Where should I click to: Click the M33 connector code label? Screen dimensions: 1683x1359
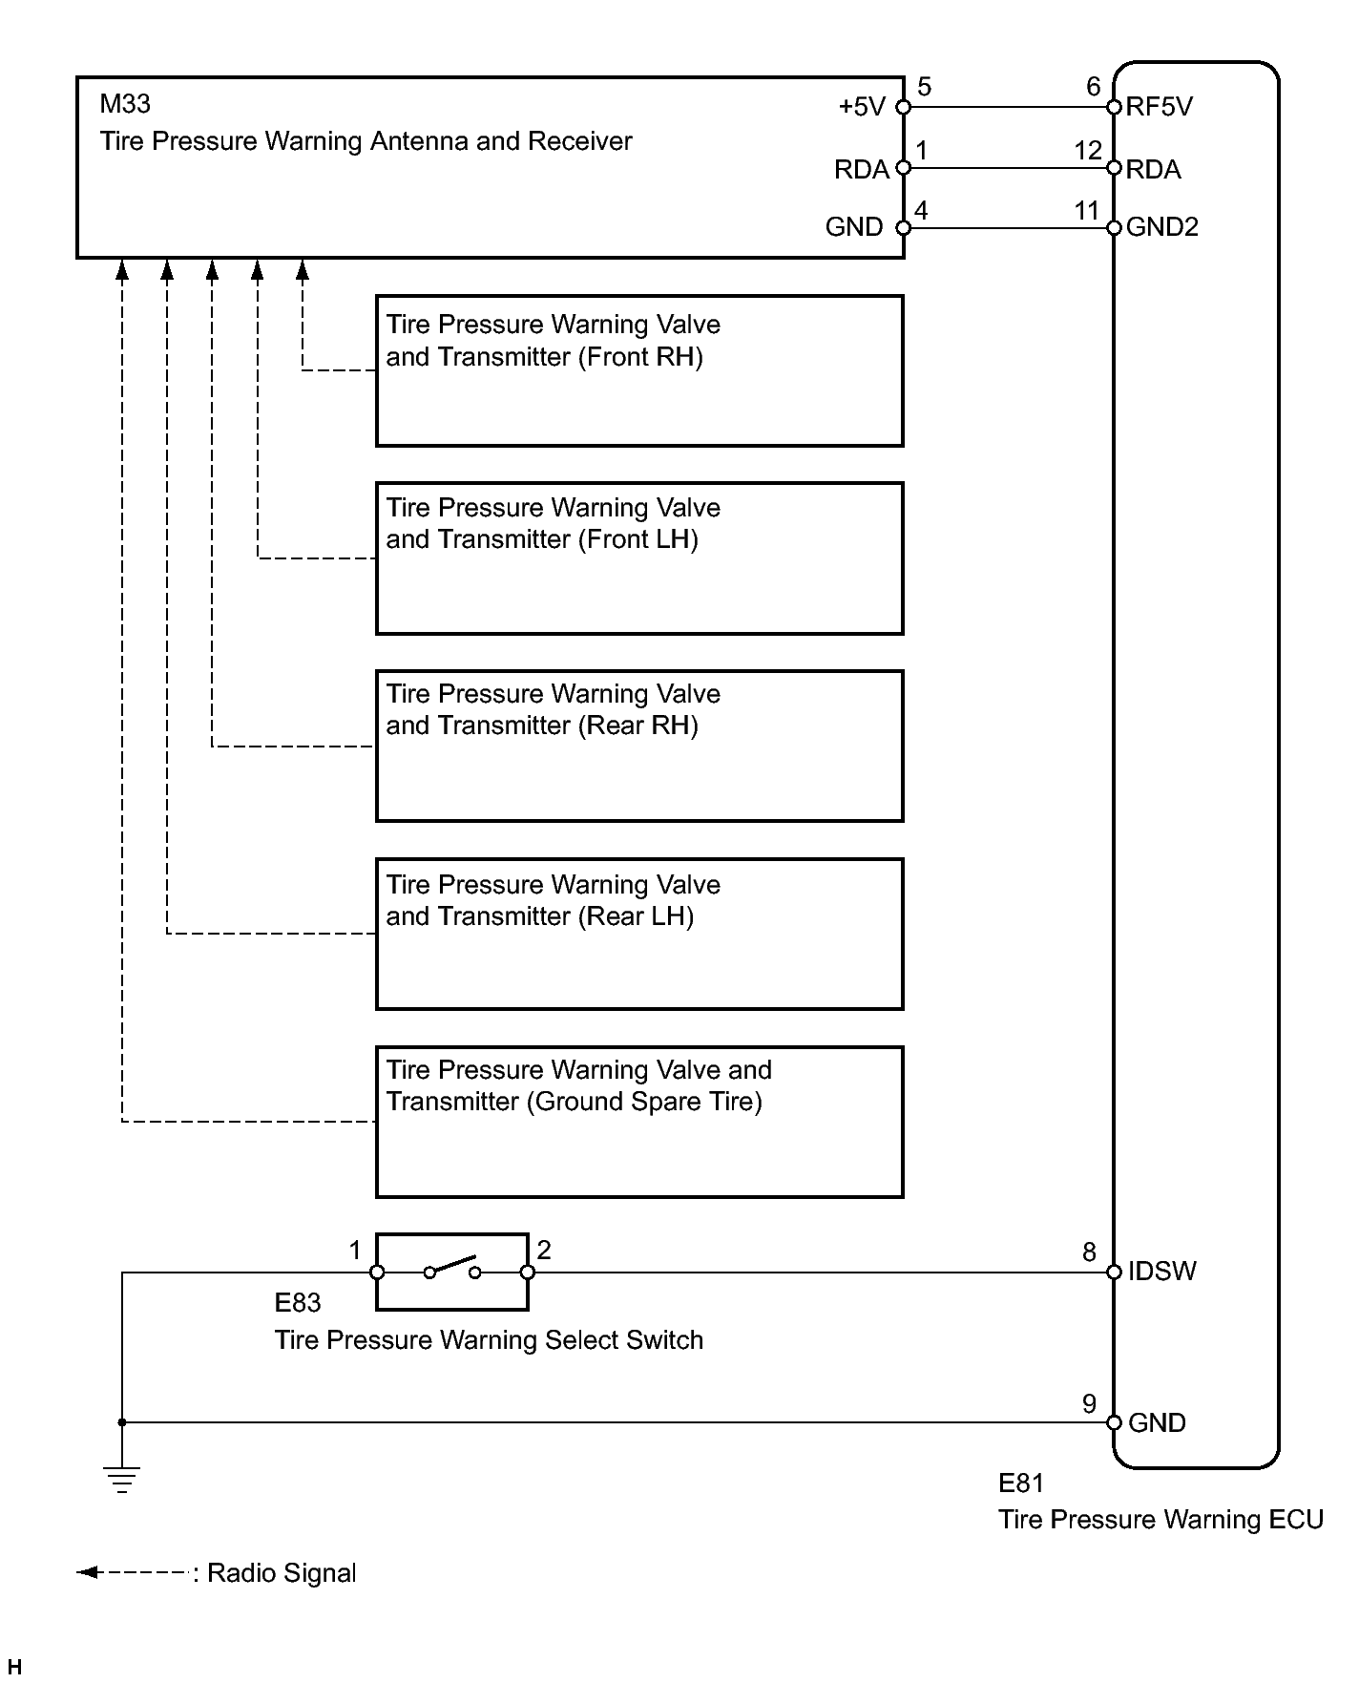[125, 103]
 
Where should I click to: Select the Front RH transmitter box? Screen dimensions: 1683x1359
[639, 370]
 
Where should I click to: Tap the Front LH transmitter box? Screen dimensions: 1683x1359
[639, 557]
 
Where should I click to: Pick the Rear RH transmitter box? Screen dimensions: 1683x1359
[639, 746]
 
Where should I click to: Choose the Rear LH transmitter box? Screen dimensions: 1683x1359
[639, 934]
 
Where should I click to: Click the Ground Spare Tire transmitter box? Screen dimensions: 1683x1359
[639, 1122]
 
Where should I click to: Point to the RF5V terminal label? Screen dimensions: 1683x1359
[1159, 107]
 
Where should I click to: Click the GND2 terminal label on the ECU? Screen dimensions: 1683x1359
[1161, 227]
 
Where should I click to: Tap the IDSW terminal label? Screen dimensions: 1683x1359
[1161, 1272]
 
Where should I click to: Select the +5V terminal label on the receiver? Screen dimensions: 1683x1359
[862, 107]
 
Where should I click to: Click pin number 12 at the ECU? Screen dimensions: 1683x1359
[1088, 151]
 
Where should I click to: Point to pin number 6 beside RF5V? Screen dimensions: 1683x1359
[1094, 87]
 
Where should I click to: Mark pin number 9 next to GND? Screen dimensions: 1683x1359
[1089, 1403]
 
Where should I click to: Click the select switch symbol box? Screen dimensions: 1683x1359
[451, 1272]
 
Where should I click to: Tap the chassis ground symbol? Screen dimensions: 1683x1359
[122, 1479]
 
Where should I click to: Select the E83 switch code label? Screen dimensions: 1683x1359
[297, 1303]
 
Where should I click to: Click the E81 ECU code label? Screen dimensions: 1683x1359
[1021, 1483]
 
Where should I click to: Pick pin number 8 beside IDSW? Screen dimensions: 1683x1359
[1089, 1252]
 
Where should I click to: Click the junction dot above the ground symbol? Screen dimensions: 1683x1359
[122, 1422]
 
